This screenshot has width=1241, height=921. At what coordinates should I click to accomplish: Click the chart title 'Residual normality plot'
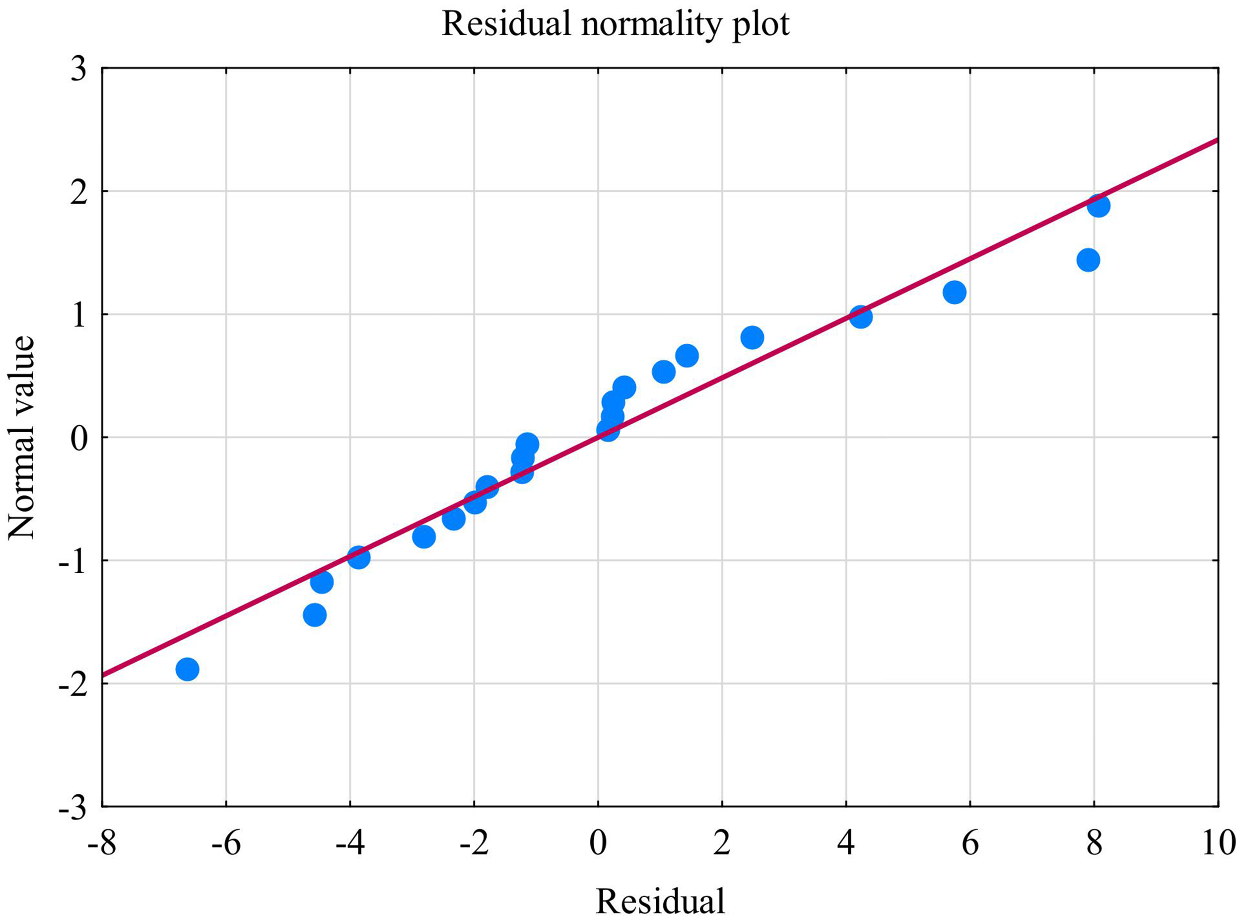point(616,24)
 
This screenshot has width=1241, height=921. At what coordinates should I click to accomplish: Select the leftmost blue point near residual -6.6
point(187,669)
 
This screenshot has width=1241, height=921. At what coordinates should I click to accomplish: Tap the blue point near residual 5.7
point(954,292)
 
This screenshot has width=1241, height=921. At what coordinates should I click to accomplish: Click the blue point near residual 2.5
point(752,337)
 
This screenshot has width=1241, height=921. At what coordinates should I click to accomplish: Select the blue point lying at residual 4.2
point(861,316)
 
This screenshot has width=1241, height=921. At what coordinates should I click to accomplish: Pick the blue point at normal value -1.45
point(315,615)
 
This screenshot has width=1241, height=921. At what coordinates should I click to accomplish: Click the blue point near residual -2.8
point(424,537)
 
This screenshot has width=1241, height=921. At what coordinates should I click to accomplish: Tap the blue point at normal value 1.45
point(1088,259)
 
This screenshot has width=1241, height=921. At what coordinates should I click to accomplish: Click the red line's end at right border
point(1217,140)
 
